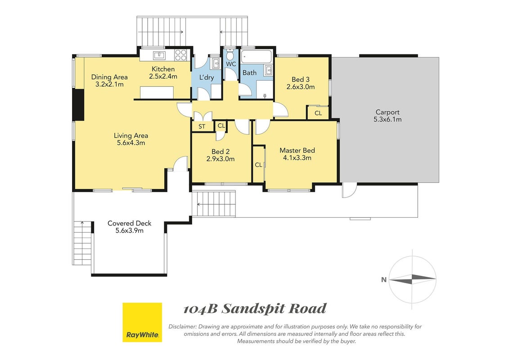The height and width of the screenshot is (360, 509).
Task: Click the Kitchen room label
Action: pos(163,69)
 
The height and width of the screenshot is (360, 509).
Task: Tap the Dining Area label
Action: pos(109,77)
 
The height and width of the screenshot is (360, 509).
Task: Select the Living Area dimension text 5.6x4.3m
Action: pos(131,143)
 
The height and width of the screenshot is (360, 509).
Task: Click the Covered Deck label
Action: pos(130,223)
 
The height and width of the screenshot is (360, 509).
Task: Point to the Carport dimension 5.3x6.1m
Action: pos(387,119)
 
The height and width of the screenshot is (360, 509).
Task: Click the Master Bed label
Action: pos(297,150)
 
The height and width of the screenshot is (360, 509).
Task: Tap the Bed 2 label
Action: pos(221,152)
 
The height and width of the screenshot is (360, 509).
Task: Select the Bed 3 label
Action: pos(301,80)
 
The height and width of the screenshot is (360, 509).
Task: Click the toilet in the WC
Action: pos(230,54)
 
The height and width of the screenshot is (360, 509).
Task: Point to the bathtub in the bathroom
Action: pos(257,57)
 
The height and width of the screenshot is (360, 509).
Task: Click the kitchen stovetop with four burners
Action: pos(181,55)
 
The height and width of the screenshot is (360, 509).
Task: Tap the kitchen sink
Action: pos(159,55)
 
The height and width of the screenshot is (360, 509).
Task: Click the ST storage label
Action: pos(202,126)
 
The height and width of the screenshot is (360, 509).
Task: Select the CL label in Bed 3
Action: pos(318,113)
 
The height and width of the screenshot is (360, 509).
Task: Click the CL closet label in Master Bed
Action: pos(258,165)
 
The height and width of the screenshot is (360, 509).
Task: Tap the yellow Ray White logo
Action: pos(142,322)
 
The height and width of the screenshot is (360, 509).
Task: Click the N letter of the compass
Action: pos(384,279)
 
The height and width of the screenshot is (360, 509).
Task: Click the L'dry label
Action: pos(207,77)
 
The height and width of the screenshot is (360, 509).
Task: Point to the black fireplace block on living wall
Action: pos(78,105)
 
